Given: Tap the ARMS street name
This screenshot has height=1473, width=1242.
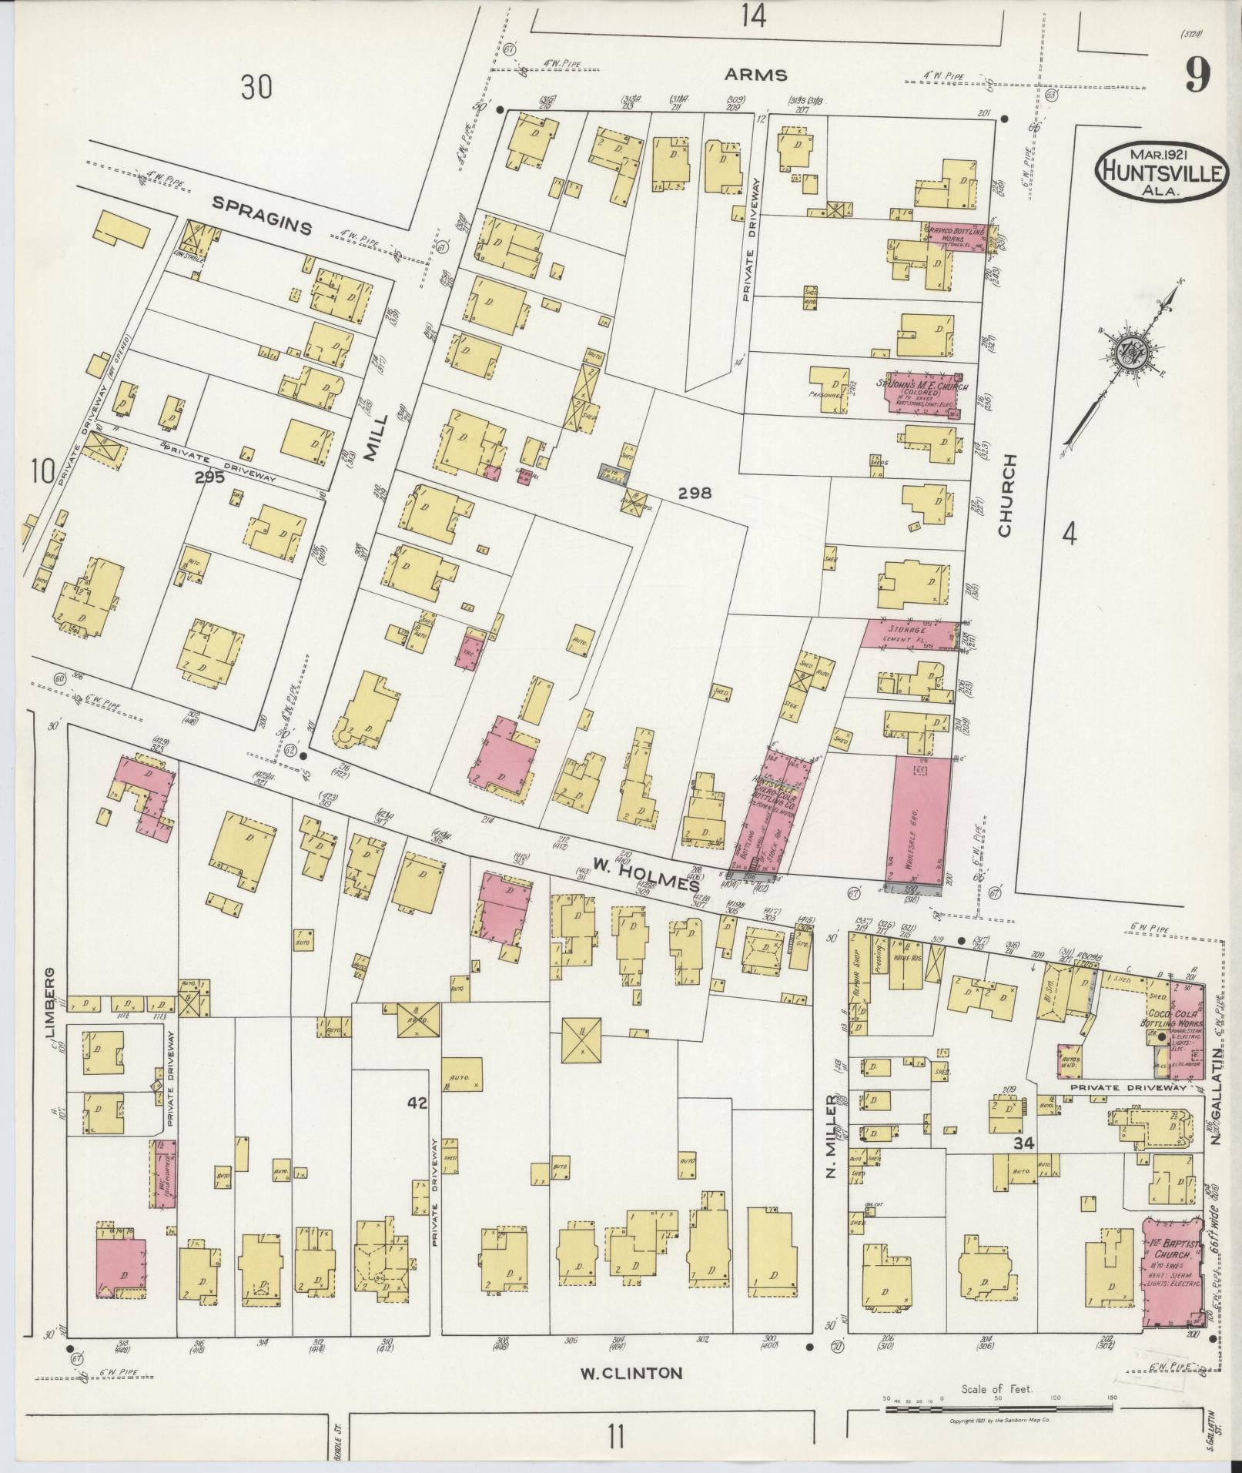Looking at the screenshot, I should pyautogui.click(x=755, y=75).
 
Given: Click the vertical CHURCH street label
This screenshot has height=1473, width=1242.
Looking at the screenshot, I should pyautogui.click(x=1007, y=494).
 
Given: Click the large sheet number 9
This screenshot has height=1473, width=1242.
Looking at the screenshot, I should pyautogui.click(x=1197, y=75).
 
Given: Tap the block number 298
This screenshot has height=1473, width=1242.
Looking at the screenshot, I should pyautogui.click(x=695, y=493).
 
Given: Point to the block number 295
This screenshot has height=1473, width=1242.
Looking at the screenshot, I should pyautogui.click(x=209, y=477).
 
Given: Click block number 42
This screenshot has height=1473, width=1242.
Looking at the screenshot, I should pyautogui.click(x=417, y=1103).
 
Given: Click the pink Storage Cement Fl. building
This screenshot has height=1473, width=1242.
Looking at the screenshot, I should pyautogui.click(x=910, y=634).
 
